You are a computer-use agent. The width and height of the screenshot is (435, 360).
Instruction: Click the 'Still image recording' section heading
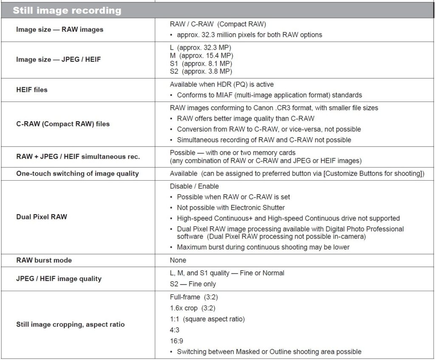[x=67, y=10]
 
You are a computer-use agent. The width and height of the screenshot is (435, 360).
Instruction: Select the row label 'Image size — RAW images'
[x=59, y=30]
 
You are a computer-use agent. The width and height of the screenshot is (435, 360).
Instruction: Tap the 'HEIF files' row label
[x=32, y=90]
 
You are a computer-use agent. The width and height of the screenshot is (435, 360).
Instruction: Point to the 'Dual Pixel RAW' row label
[x=42, y=217]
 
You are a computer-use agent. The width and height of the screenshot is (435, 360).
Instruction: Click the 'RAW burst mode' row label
[x=44, y=260]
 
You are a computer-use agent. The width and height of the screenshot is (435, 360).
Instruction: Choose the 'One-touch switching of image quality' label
[x=77, y=173]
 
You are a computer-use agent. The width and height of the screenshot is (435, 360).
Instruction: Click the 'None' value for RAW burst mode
[x=178, y=260]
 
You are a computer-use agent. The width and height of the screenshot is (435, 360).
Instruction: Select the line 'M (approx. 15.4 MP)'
[x=201, y=55]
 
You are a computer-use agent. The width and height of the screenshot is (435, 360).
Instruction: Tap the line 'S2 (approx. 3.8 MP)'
[x=201, y=71]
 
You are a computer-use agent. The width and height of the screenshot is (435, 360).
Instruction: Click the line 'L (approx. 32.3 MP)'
[x=200, y=47]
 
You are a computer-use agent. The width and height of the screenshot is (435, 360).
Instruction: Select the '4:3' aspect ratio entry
[x=175, y=330]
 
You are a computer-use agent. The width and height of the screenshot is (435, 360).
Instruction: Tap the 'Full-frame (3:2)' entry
[x=194, y=297]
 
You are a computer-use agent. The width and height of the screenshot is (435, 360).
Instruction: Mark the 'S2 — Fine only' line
[x=192, y=284]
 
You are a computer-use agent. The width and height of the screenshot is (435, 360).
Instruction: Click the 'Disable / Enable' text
[x=194, y=186]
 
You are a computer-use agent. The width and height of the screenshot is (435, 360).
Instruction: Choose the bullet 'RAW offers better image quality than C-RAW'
[x=246, y=119]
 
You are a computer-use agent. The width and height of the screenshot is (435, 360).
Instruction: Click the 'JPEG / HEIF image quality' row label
[x=59, y=279]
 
